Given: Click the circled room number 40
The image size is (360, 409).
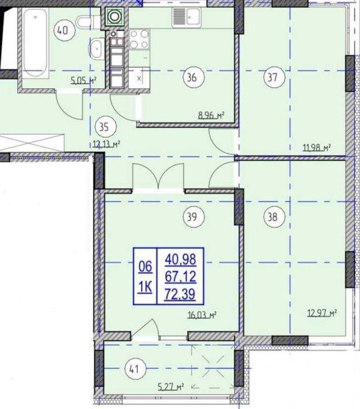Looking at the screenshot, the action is click(64, 30).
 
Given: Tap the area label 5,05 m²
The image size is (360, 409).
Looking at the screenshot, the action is click(84, 81).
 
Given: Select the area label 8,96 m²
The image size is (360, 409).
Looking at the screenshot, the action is click(212, 115).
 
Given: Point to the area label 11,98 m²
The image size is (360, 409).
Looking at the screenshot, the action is click(317, 148).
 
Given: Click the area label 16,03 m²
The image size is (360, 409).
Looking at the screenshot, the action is click(202, 315).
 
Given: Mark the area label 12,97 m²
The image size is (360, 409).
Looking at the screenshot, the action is click(322, 313).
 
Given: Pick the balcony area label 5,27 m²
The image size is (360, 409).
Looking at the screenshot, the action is click(171, 386).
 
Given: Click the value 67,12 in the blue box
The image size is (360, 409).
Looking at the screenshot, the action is click(180, 277).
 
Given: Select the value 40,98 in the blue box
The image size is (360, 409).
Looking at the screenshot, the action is click(181, 259).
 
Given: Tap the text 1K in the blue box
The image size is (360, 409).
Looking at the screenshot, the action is click(145, 287).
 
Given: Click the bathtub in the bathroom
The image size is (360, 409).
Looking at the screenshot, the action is click(35, 43).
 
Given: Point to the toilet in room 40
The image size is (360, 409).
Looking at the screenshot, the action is click(88, 22).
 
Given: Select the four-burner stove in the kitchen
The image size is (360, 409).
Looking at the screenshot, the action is click(139, 39).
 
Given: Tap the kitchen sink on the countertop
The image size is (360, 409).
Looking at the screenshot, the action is click(186, 17).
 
